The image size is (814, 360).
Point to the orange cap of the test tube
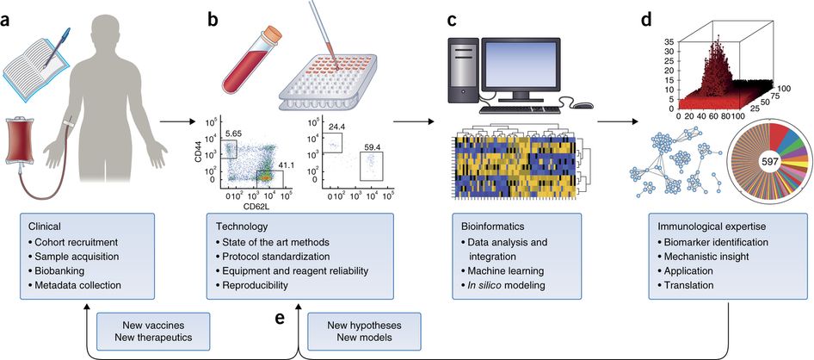(x=273, y=34)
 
